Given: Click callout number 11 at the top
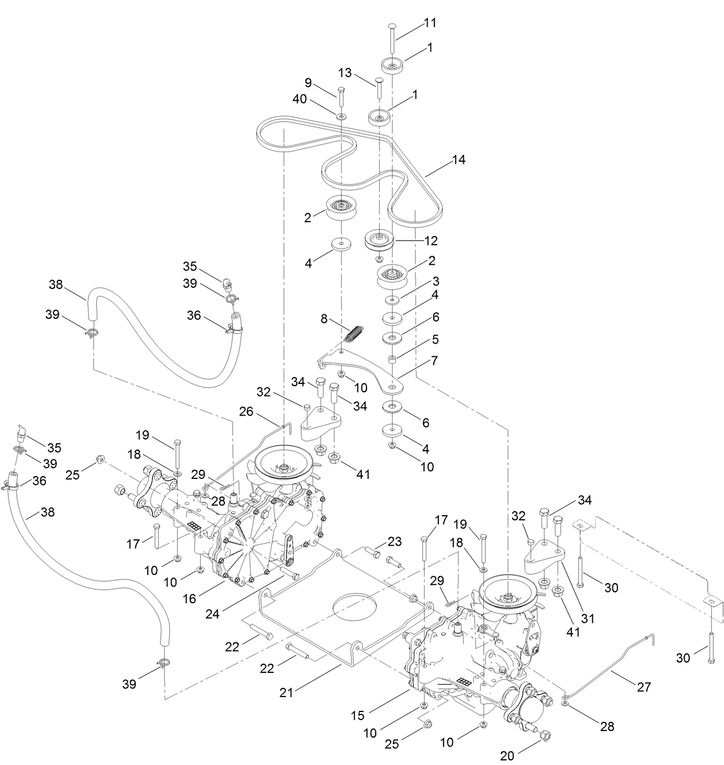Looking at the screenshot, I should point(430,23).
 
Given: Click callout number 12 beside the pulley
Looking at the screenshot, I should point(431,240).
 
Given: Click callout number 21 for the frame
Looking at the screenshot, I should point(287,692).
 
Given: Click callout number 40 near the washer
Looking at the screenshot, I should point(315,98).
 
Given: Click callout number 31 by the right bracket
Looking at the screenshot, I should point(587,619).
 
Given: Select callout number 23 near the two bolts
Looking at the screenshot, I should point(394,541).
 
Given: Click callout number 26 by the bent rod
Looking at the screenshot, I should point(246,412).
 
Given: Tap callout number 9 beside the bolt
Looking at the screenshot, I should point(324,82).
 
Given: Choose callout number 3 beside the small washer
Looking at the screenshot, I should point(436,281).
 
